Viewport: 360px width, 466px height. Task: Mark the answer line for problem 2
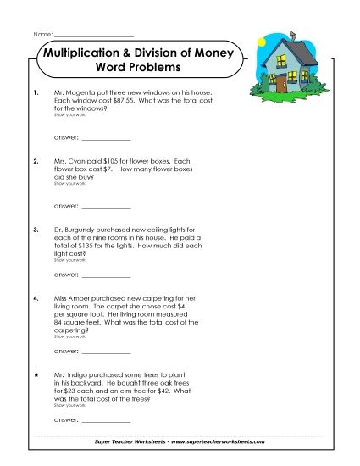(106, 205)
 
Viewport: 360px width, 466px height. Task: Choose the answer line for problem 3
(106, 275)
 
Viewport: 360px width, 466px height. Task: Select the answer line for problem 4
(106, 350)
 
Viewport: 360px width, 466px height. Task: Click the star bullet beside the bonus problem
(35, 374)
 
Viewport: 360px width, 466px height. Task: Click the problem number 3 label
(35, 230)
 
